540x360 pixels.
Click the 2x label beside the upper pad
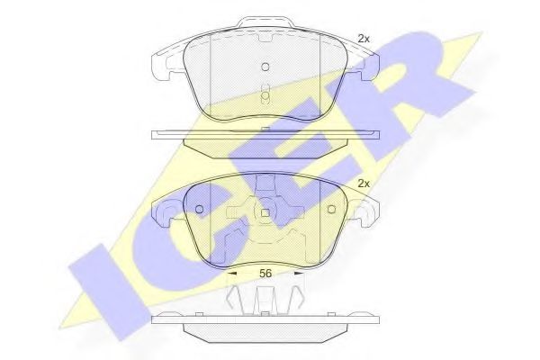[x=364, y=40]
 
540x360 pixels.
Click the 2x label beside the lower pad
[x=364, y=184]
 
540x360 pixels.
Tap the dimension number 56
[x=265, y=274]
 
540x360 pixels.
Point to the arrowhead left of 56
[x=232, y=274]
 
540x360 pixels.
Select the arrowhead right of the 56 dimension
[x=299, y=274]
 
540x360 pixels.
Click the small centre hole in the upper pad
[x=265, y=67]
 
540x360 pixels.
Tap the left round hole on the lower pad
[x=200, y=209]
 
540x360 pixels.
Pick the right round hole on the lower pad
[x=331, y=209]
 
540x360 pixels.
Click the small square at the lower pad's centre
[x=265, y=213]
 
